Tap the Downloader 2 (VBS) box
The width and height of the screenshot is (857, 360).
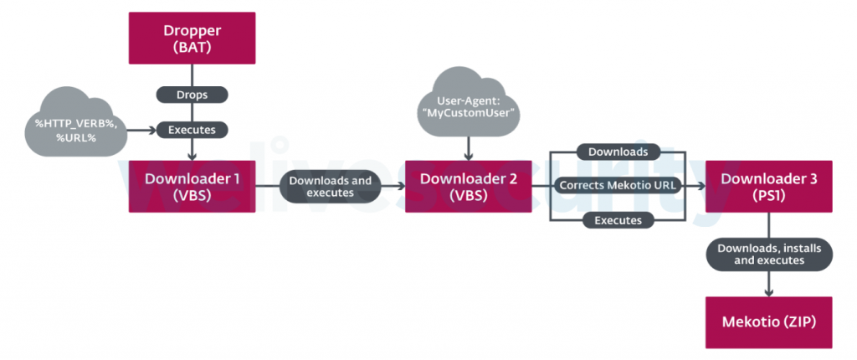coord(469,186)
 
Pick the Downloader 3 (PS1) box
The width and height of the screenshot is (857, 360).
coord(768,186)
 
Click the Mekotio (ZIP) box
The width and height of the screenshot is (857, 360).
coord(768,322)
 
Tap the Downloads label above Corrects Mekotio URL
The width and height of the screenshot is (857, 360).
coord(616,152)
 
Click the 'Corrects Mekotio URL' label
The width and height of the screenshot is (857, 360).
coord(616,185)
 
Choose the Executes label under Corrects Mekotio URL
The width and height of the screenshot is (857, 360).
coord(616,220)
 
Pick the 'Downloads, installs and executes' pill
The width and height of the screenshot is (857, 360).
coord(768,253)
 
